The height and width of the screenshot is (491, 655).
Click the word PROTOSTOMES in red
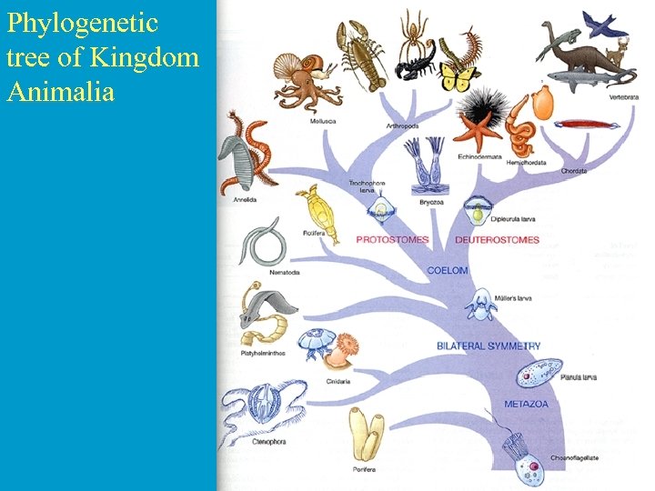tap(392, 240)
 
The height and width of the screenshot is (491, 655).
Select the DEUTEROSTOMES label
tap(497, 240)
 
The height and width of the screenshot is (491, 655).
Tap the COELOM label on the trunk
tap(448, 270)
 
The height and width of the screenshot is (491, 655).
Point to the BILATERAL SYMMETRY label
tap(489, 346)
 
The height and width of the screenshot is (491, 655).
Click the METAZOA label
tap(527, 404)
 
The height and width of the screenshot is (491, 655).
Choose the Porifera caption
tap(363, 469)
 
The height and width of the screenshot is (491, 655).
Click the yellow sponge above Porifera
tap(366, 436)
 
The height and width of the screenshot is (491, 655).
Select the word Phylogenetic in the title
tap(69, 22)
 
